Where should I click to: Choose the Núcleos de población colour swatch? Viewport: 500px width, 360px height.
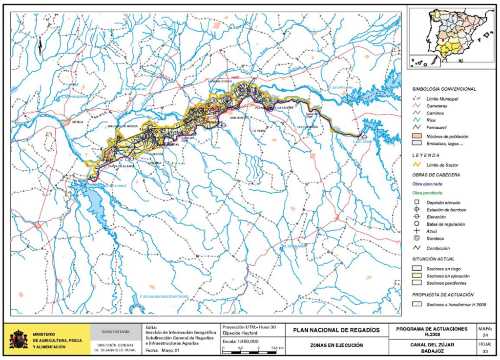click(x=417, y=136)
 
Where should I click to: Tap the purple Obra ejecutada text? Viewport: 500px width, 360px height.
click(x=427, y=184)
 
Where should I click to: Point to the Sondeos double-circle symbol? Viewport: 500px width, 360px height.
click(x=417, y=238)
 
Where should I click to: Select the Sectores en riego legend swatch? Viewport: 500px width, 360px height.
click(x=417, y=268)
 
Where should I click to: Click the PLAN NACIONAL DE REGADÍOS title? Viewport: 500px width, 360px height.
click(x=336, y=330)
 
